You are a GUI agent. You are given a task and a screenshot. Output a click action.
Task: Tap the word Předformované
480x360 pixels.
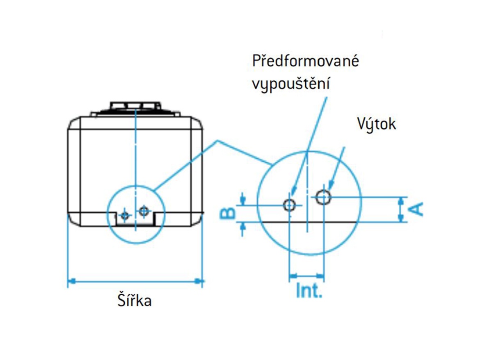pyautogui.click(x=305, y=62)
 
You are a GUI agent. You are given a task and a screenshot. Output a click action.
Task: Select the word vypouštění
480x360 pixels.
pyautogui.click(x=291, y=84)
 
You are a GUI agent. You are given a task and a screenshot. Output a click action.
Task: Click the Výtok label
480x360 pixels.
pyautogui.click(x=377, y=124)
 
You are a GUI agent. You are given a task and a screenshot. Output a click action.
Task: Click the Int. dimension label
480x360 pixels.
pyautogui.click(x=309, y=292)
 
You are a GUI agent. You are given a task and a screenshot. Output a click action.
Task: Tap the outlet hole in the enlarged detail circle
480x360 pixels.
pyautogui.click(x=323, y=197)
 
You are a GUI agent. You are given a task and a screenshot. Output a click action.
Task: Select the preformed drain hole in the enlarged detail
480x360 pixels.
pyautogui.click(x=290, y=205)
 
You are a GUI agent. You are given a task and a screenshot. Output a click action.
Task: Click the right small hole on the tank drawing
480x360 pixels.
pyautogui.click(x=143, y=211)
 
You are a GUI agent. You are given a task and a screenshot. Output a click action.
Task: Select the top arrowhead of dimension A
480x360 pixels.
pyautogui.click(x=401, y=200)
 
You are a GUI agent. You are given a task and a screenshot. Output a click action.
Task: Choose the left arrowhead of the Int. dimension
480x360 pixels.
pyautogui.click(x=292, y=275)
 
